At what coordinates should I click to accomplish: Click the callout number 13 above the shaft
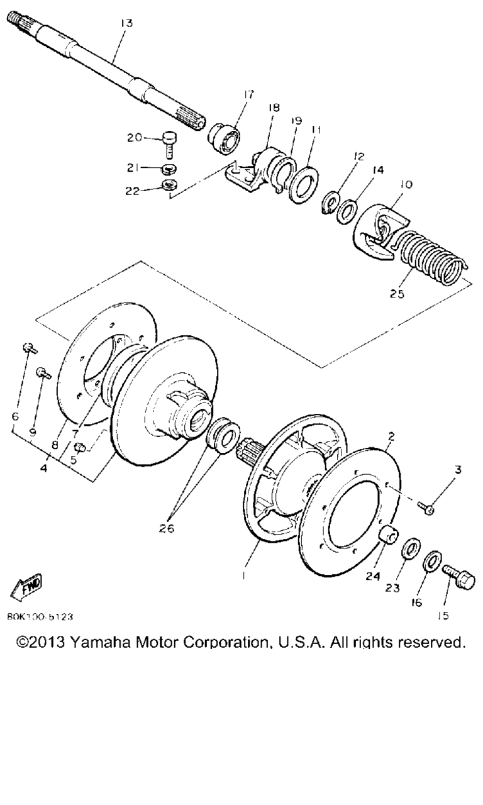coord(126,23)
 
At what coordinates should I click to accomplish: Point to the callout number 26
coord(167,528)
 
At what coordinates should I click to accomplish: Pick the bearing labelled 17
coord(225,139)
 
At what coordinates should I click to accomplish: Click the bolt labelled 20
coord(169,144)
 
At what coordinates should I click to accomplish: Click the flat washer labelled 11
coord(304,185)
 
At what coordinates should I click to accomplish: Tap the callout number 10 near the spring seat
coord(406,184)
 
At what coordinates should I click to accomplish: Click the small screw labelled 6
coord(30,348)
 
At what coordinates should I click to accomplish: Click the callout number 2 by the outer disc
coord(391,436)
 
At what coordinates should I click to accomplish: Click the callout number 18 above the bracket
coord(274,108)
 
